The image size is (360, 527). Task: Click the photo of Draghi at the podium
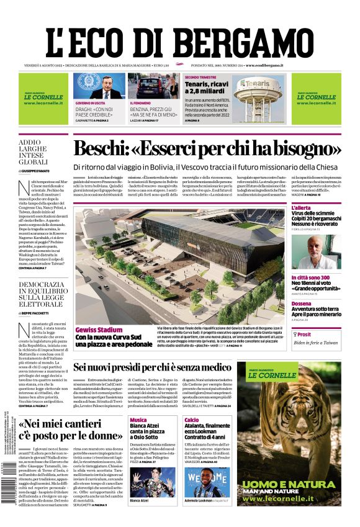pyautogui.click(x=99, y=86)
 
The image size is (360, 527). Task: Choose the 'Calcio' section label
pyautogui.click(x=192, y=420)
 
